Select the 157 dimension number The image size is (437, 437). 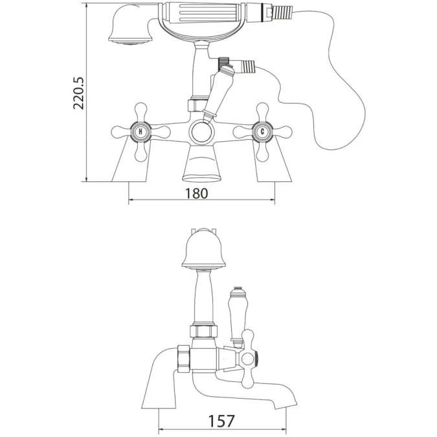click(x=221, y=420)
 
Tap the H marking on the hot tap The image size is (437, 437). click(x=140, y=132)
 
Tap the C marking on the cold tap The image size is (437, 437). click(x=262, y=132)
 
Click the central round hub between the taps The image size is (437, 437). click(x=201, y=134)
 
